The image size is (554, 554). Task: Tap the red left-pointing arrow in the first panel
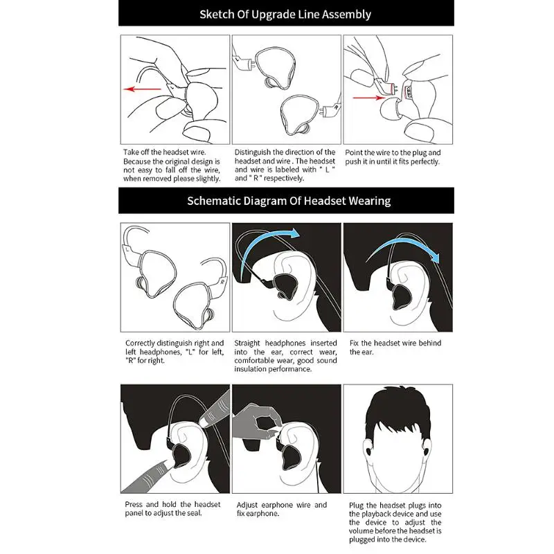coord(142,89)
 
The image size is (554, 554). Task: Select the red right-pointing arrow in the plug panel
coord(369,98)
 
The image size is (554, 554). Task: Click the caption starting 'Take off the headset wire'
coord(172,166)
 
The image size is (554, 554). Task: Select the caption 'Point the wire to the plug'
coord(393,157)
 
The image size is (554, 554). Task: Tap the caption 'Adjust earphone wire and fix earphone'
coord(282,509)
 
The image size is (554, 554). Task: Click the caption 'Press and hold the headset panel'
coord(172,509)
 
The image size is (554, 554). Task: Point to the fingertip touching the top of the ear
coord(204,422)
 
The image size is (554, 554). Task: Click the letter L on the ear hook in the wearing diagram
coord(127,249)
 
